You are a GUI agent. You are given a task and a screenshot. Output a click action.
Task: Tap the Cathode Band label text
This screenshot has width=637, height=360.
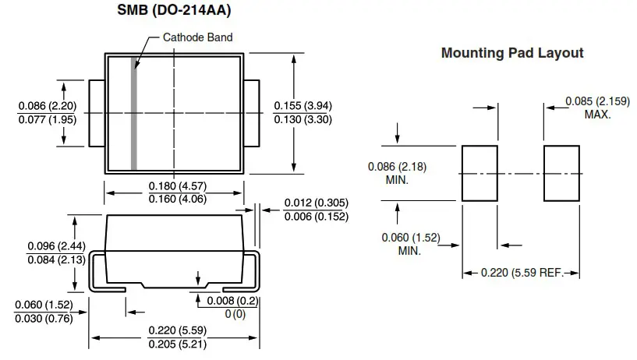click(x=197, y=37)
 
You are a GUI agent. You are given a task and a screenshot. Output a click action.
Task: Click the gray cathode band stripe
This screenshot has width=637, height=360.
click(x=134, y=113)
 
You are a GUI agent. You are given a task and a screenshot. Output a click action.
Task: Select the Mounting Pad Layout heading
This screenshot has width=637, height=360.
click(x=512, y=53)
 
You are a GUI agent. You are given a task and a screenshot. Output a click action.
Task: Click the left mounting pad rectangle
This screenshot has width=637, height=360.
click(x=480, y=173)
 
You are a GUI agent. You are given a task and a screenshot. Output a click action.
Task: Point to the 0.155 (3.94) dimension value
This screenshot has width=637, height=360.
click(x=304, y=105)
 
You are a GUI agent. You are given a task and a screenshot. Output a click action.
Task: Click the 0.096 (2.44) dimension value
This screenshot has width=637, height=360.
click(x=56, y=246)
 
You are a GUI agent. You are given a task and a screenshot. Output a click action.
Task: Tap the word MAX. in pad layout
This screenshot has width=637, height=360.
click(x=597, y=115)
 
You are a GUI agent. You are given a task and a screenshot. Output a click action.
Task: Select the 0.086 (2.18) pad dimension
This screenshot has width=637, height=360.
click(x=398, y=167)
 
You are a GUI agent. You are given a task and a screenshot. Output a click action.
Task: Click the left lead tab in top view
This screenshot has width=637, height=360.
click(x=97, y=113)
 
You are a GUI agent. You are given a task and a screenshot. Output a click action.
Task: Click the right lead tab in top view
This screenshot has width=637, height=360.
click(x=252, y=113)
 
